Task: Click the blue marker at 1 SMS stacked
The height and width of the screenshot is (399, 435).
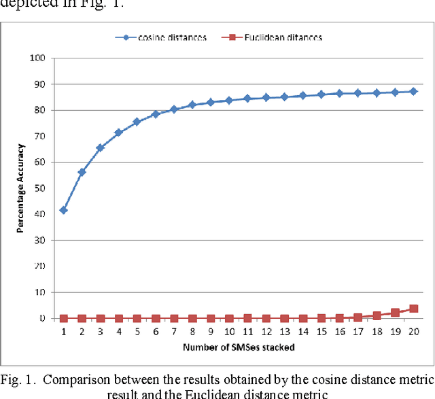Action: [x=63, y=210]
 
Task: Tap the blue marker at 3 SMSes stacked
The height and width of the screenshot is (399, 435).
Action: [x=100, y=148]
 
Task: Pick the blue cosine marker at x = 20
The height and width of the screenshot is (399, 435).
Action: [x=413, y=91]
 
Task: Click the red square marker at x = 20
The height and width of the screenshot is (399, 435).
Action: [x=413, y=309]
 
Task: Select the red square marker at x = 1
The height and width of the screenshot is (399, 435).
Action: [x=63, y=318]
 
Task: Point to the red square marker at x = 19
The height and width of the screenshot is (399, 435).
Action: [x=395, y=313]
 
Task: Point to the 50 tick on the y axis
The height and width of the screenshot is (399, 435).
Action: [x=39, y=188]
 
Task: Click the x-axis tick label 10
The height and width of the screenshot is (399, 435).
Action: [x=229, y=333]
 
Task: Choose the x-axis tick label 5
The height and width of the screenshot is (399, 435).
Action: [x=137, y=333]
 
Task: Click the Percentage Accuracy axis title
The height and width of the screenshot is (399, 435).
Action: [x=21, y=188]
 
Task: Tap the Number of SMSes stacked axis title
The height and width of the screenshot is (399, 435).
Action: [x=237, y=348]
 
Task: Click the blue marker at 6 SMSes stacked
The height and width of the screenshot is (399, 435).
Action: [x=155, y=114]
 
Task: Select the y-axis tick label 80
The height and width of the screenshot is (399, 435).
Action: [x=39, y=110]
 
